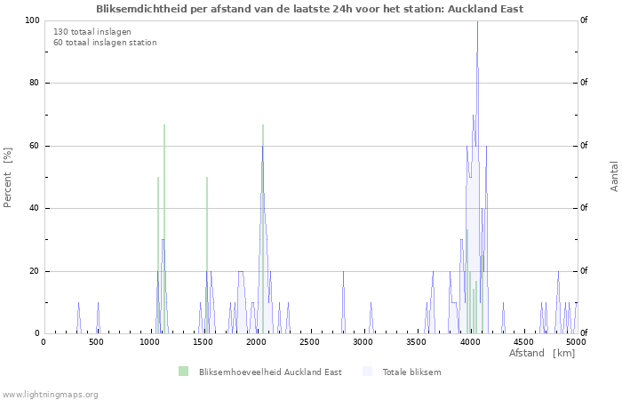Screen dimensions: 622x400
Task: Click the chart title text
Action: [x=309, y=9]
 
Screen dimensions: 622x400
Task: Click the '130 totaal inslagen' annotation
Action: [x=92, y=32]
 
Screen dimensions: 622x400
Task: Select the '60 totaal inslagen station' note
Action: [x=105, y=43]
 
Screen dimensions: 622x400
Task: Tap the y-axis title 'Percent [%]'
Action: [x=7, y=178]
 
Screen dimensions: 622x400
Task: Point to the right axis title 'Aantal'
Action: [x=614, y=176]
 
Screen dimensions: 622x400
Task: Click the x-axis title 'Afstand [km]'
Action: [x=542, y=353]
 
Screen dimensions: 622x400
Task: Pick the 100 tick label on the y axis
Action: [x=32, y=20]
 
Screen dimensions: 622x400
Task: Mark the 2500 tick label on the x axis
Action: [x=309, y=342]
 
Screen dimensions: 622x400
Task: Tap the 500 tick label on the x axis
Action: [x=96, y=342]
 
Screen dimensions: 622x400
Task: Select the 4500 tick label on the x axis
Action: [x=522, y=342]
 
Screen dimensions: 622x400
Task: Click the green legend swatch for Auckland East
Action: [x=183, y=372]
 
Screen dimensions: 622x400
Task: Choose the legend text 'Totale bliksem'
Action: [x=411, y=372]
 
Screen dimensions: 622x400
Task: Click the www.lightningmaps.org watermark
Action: [x=50, y=395]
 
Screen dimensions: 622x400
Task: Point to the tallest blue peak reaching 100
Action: [x=477, y=20]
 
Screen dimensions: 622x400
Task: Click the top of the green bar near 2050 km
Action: [x=263, y=124]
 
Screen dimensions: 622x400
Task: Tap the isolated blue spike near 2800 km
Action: [x=343, y=302]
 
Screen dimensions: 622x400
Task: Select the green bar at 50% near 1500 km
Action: [x=207, y=255]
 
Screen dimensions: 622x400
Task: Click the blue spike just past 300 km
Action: [x=78, y=318]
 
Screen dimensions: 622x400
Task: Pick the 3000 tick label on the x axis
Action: [x=363, y=342]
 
